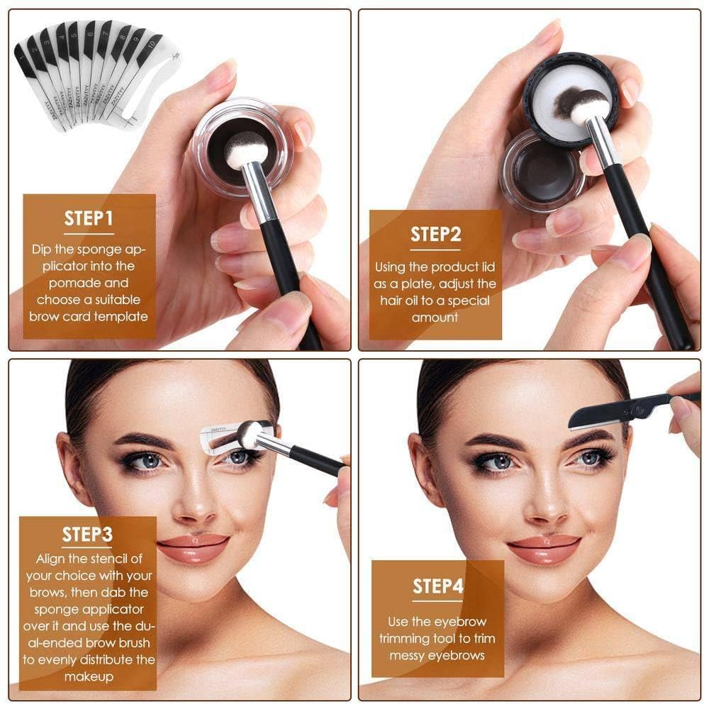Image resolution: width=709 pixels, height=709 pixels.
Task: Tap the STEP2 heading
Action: pos(436,234)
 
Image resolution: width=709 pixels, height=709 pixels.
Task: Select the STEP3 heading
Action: pos(87,534)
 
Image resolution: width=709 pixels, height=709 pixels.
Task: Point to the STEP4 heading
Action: pos(438,586)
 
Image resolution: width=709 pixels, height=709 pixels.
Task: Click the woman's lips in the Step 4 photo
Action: pos(544,547)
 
